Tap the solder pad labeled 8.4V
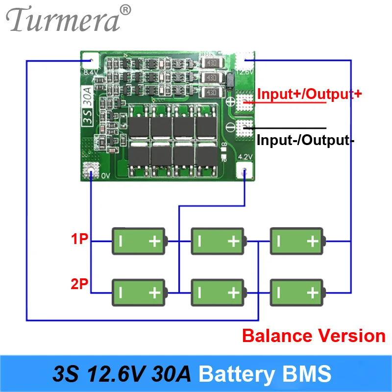(90, 61)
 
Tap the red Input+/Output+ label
(309, 94)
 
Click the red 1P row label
(80, 240)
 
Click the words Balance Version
(314, 336)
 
